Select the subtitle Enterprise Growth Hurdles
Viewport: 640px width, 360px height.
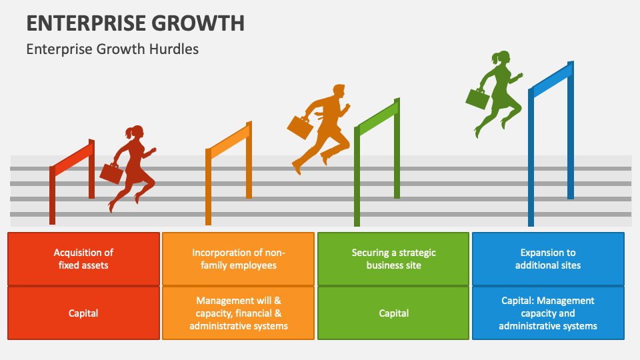[x=112, y=49]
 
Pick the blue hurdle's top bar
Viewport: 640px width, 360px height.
[x=551, y=79]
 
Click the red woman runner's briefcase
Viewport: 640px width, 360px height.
[x=111, y=173]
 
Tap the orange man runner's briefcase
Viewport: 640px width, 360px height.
[x=300, y=127]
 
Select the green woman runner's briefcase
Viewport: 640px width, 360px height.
[x=477, y=99]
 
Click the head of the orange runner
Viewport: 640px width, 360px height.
[x=338, y=91]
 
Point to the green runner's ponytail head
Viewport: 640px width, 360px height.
[x=501, y=58]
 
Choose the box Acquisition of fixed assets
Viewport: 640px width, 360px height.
[x=83, y=259]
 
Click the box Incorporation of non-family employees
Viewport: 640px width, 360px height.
[x=238, y=259]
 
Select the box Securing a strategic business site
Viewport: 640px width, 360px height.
[x=393, y=259]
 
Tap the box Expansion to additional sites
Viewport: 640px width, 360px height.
[x=548, y=259]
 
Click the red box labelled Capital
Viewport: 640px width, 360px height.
[x=83, y=313]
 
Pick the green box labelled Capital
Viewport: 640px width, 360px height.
[x=393, y=313]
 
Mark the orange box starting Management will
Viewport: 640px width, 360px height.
[x=238, y=313]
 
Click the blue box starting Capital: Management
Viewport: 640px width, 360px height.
[x=548, y=313]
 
